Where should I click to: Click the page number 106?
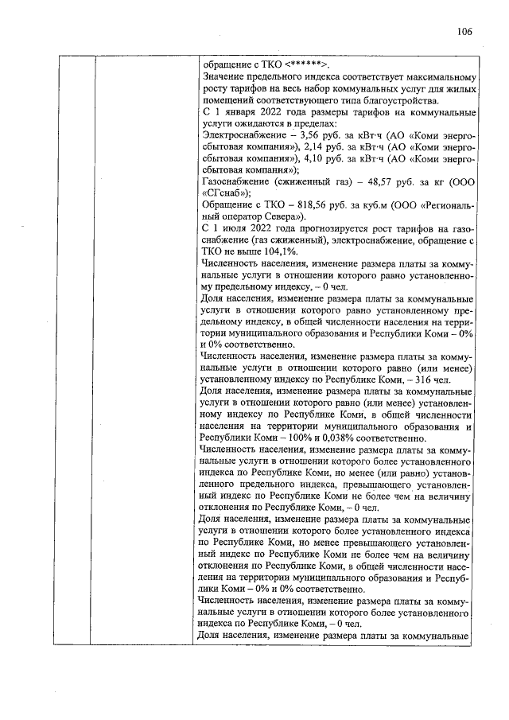point(465,32)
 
